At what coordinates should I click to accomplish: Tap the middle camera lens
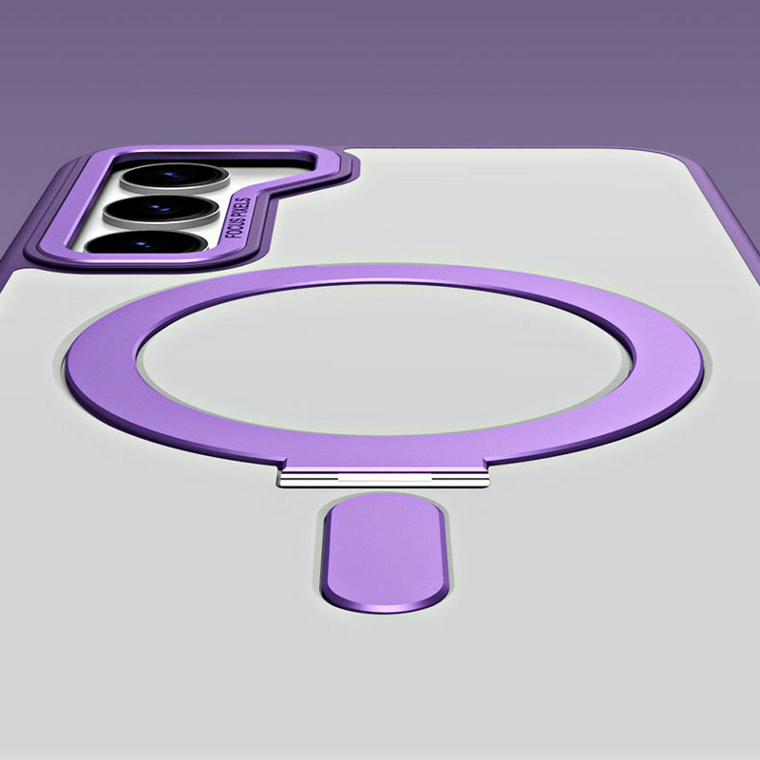click(161, 209)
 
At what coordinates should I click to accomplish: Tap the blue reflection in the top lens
click(171, 174)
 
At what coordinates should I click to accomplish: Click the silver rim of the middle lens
click(160, 221)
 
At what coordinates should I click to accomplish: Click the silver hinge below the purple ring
click(383, 480)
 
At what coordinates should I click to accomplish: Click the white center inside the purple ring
click(385, 358)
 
